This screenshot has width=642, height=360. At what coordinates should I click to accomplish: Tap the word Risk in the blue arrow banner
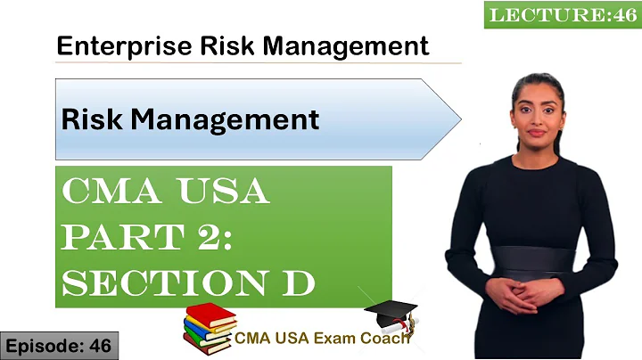click(x=85, y=119)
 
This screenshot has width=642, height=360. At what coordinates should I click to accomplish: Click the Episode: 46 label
click(x=59, y=346)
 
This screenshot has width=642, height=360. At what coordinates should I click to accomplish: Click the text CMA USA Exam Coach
click(x=323, y=338)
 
